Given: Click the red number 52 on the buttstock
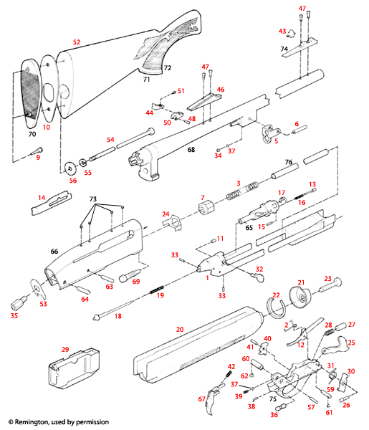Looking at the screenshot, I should [77, 42].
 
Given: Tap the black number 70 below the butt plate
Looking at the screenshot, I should [31, 133].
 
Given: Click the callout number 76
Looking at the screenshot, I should [289, 162].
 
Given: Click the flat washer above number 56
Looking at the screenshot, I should [70, 168].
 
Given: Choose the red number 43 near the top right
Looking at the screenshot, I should [282, 32].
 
